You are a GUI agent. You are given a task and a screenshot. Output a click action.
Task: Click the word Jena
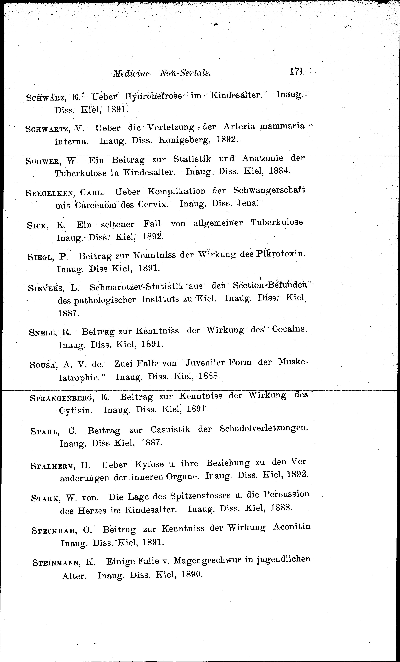[x=247, y=203]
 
